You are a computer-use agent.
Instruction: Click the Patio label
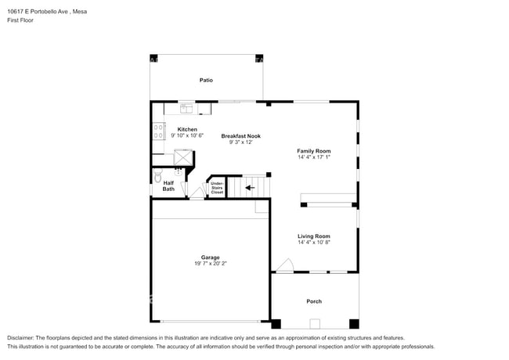(x=206, y=80)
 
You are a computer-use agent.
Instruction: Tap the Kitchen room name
(x=187, y=129)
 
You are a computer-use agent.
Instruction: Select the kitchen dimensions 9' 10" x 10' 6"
(x=187, y=136)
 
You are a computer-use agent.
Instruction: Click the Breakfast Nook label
(x=240, y=136)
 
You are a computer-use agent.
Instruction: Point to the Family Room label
(x=313, y=151)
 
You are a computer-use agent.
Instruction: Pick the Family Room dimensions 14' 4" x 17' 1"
(x=313, y=157)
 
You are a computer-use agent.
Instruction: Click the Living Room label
(x=313, y=236)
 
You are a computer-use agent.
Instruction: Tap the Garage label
(x=210, y=257)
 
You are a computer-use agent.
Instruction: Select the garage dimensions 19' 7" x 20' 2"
(x=210, y=264)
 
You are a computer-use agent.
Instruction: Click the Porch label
(x=314, y=301)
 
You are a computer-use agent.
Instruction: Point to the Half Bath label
(x=168, y=186)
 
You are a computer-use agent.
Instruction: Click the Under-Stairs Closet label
(x=217, y=187)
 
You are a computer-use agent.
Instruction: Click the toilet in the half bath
(x=157, y=177)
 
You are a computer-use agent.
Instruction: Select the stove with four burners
(x=158, y=131)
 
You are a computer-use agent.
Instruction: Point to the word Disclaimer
(x=21, y=337)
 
